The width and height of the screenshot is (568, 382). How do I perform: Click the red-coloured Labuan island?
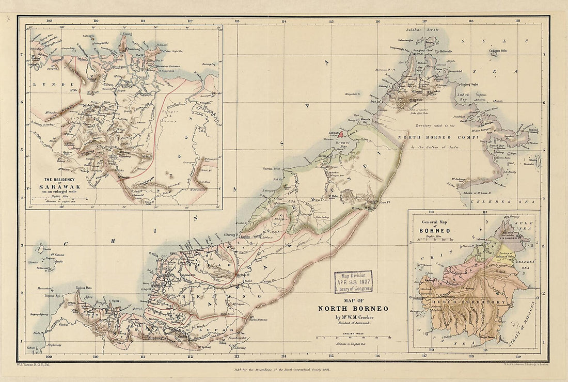click(x=340, y=133)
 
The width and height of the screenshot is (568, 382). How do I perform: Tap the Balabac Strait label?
click(x=423, y=30)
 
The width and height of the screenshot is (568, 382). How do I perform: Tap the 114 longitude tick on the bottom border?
click(x=283, y=356)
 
